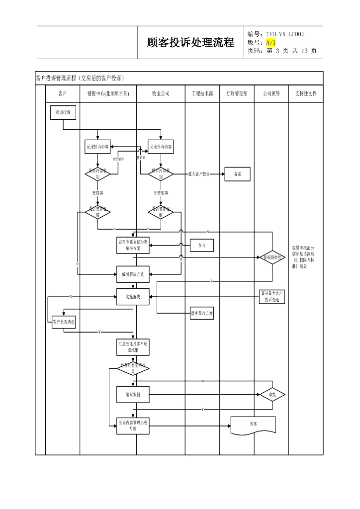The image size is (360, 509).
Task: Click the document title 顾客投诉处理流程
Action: click(190, 43)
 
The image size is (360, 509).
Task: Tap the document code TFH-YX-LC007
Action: click(285, 34)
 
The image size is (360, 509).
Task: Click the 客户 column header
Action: click(62, 93)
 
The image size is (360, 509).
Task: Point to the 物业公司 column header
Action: click(160, 93)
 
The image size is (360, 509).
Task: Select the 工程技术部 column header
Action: click(202, 93)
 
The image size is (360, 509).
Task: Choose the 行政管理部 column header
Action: click(237, 93)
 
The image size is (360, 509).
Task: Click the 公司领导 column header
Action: click(271, 93)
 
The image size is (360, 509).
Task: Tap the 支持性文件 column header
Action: click(306, 93)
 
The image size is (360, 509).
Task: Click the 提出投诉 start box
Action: click(63, 113)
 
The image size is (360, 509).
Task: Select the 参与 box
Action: click(202, 245)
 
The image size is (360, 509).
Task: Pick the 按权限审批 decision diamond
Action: click(272, 257)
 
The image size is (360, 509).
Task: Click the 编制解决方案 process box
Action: click(133, 274)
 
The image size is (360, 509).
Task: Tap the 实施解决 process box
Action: click(133, 297)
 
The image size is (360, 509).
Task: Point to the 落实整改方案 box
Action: click(202, 314)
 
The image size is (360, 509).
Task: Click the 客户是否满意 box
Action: click(64, 322)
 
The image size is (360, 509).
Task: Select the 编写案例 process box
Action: click(133, 395)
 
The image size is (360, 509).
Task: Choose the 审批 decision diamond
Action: click(272, 395)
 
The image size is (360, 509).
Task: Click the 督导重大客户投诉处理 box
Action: click(272, 297)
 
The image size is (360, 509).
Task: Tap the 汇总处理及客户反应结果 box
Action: click(133, 347)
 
